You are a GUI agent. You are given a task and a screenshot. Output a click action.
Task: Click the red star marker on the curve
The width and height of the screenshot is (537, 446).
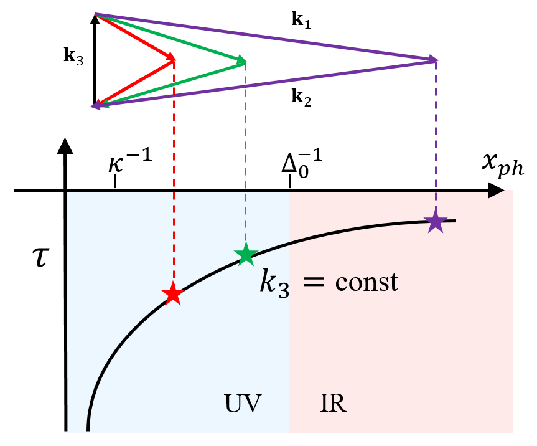pos(173,294)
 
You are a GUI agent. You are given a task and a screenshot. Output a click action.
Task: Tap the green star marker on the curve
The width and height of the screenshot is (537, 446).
pos(246,254)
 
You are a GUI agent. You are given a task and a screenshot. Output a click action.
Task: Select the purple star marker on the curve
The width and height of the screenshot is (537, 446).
pos(436,222)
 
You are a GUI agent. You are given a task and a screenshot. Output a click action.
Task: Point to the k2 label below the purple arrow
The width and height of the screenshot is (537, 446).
pos(301,97)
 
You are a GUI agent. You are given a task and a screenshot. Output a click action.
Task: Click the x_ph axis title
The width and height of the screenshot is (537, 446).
pos(503,166)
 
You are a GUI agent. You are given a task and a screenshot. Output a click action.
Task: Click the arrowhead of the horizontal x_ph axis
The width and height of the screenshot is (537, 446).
pos(497,191)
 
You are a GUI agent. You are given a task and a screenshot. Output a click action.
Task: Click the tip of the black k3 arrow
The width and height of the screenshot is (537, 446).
pos(95,17)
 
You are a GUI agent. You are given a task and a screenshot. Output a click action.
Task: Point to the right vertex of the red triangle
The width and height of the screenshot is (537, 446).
pos(174,60)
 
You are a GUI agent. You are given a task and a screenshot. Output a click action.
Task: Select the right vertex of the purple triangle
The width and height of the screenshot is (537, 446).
pos(436,60)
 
